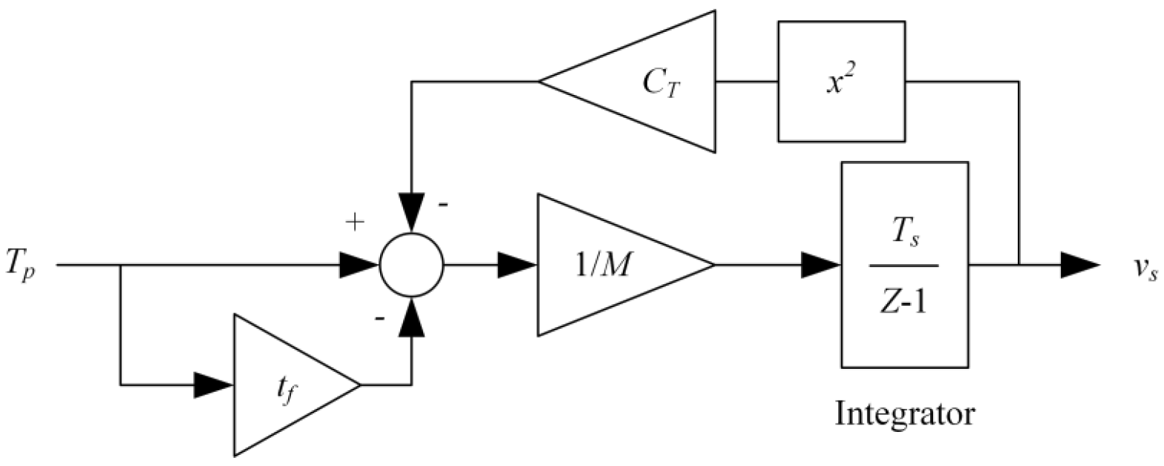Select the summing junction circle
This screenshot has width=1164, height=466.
411,264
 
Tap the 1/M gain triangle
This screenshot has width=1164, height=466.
609,264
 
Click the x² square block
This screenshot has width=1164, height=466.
841,81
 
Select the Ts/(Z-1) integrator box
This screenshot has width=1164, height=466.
904,264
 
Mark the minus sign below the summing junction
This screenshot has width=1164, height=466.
379,318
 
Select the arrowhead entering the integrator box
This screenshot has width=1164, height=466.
821,264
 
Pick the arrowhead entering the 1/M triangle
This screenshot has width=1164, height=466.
517,264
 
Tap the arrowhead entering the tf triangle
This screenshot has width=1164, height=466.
214,385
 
